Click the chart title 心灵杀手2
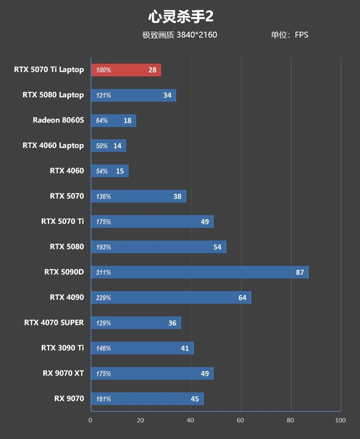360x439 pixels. tap(180, 17)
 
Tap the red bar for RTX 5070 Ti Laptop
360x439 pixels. tap(126, 70)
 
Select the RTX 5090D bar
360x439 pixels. tap(199, 272)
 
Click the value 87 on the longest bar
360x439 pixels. tap(300, 272)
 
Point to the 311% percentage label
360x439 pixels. tap(103, 272)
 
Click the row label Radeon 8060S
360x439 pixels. tap(58, 120)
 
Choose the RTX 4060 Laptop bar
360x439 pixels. tap(108, 146)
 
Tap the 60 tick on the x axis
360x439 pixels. tap(241, 420)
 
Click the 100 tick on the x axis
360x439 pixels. tap(340, 420)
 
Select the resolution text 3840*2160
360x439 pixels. tap(197, 35)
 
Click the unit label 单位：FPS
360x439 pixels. tap(289, 35)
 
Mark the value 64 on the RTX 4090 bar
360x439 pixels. tap(243, 298)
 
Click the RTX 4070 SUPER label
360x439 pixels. tap(54, 322)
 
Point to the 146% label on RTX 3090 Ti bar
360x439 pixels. tap(103, 348)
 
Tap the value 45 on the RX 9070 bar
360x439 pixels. tap(195, 398)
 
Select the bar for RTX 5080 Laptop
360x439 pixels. tap(133, 95)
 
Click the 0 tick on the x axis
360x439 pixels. tap(90, 420)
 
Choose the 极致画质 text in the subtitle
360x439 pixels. tap(158, 35)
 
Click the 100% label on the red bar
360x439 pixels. tap(103, 70)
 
